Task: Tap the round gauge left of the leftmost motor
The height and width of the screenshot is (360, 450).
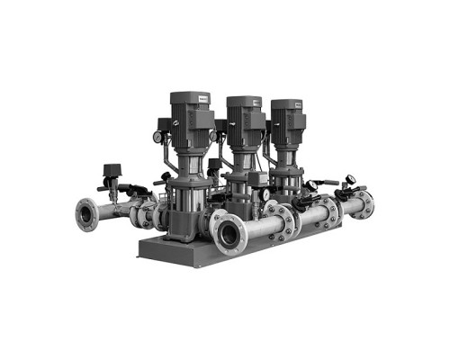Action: (158, 137)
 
